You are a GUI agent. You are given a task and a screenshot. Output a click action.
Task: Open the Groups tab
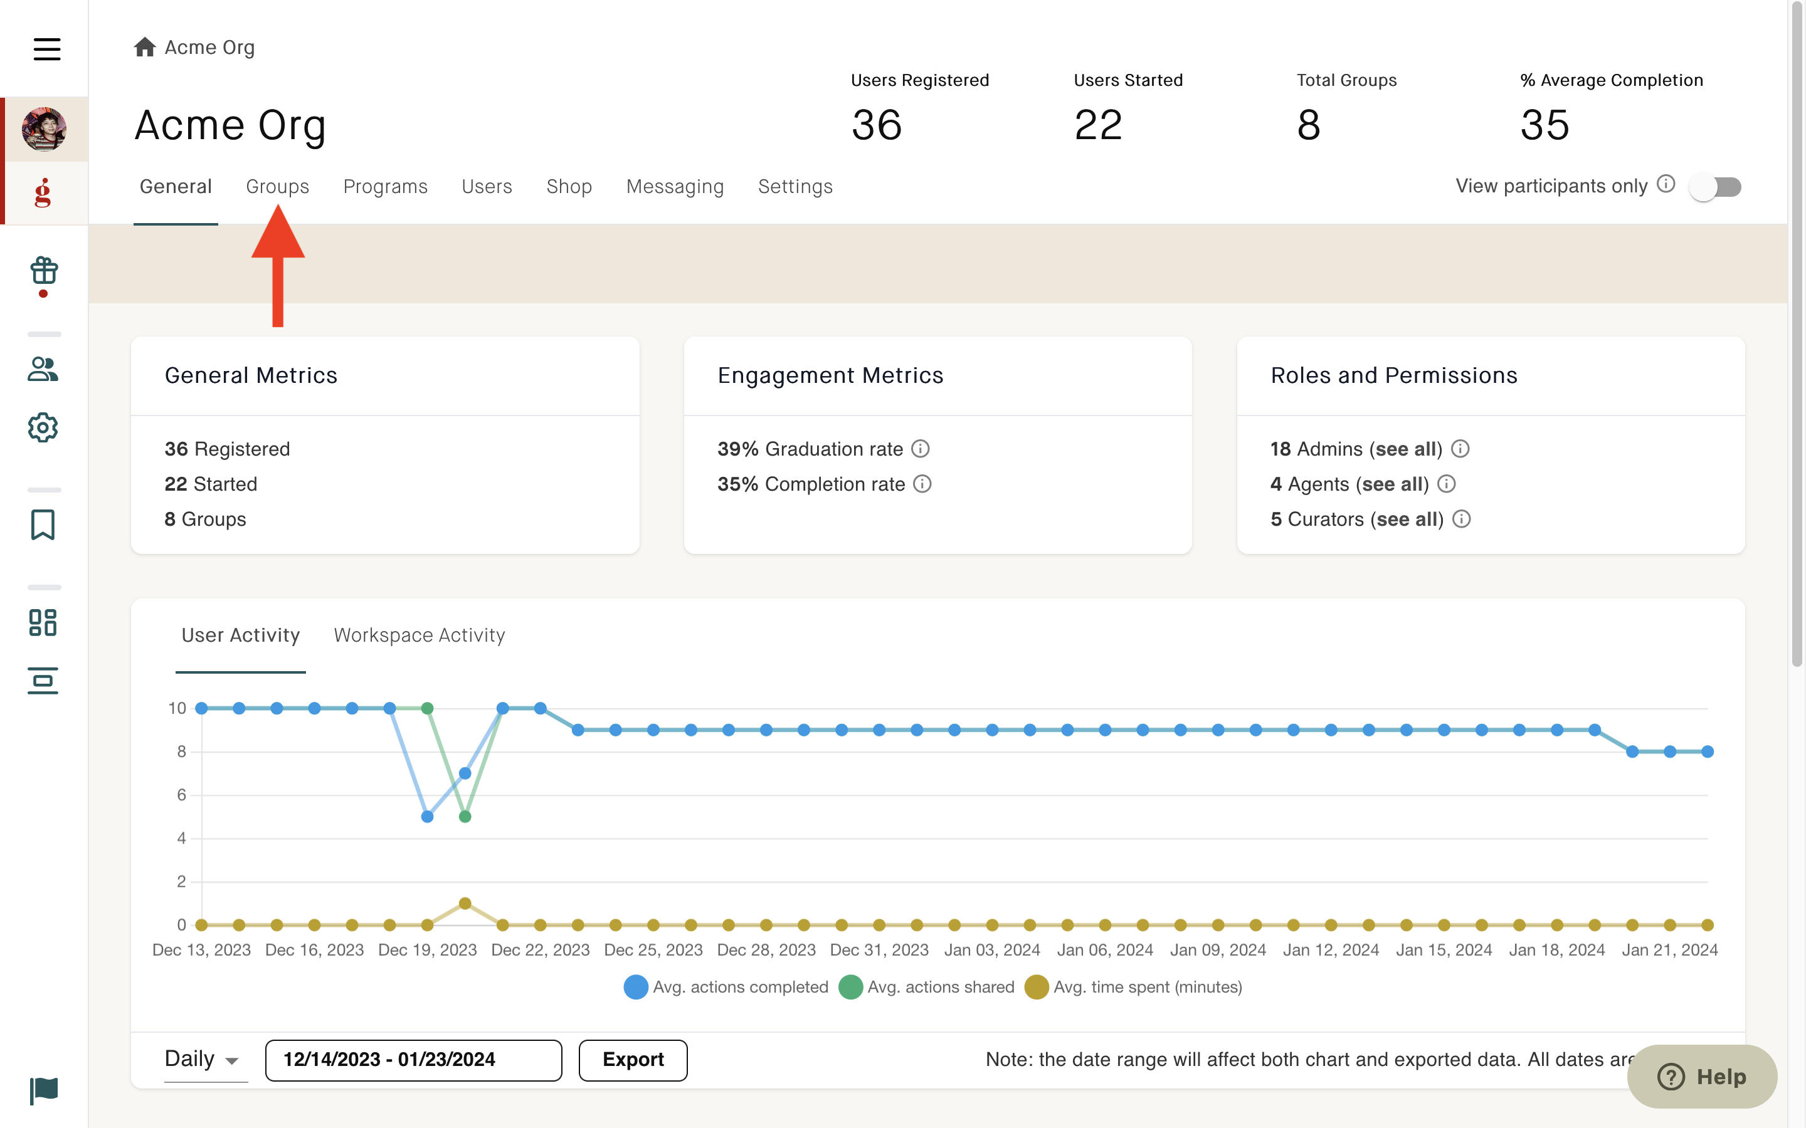click(277, 187)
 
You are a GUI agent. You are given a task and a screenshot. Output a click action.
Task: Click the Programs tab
click(385, 187)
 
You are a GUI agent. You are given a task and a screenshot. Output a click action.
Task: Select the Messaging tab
click(675, 187)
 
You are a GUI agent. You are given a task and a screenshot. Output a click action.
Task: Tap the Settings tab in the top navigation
click(795, 187)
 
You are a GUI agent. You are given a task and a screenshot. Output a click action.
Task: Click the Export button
click(633, 1059)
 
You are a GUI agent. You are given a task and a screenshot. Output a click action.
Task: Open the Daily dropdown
click(201, 1058)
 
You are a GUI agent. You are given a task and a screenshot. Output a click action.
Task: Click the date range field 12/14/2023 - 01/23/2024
click(413, 1059)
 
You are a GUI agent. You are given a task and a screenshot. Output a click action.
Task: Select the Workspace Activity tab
click(420, 635)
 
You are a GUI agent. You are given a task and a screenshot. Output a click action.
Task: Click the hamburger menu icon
click(47, 50)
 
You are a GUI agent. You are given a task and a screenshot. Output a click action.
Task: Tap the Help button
click(1703, 1076)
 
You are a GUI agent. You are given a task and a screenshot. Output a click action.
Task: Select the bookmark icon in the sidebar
click(43, 525)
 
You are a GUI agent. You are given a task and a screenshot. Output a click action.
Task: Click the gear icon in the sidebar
click(43, 427)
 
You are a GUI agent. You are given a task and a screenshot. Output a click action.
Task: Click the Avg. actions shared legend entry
click(926, 987)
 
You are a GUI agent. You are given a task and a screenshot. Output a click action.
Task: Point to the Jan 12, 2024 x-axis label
click(1331, 949)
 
